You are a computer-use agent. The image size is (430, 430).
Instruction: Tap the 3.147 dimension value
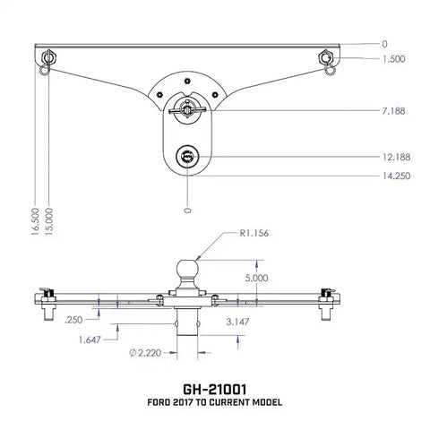pos(237,320)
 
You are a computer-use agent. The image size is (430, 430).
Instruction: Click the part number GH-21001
pos(214,389)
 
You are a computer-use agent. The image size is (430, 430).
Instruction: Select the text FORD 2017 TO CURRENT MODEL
pos(214,403)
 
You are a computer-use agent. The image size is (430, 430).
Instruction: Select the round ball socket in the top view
pos(187,156)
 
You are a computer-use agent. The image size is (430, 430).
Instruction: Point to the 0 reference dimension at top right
pos(384,43)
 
